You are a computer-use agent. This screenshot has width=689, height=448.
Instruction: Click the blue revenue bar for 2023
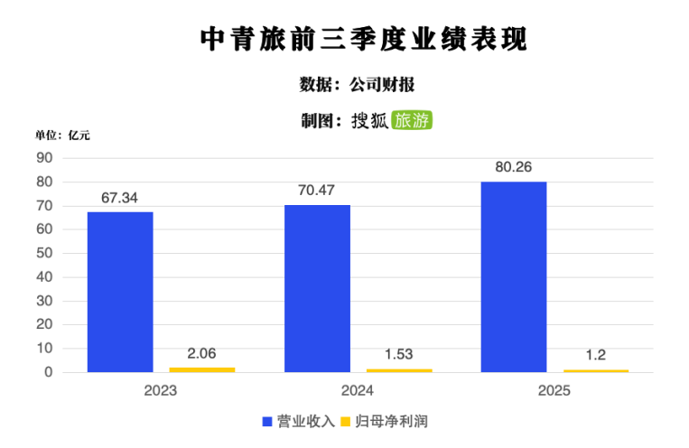point(120,292)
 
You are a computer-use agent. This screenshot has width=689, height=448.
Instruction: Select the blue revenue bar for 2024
point(317,288)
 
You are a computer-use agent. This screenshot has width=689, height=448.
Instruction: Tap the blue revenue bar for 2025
point(514,276)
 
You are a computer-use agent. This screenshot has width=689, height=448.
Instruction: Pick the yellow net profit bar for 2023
point(201,369)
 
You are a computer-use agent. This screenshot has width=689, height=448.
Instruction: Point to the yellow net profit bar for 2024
point(398,370)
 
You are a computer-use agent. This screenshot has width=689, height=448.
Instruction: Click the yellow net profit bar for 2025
point(595,370)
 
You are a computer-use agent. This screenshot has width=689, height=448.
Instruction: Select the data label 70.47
point(317,191)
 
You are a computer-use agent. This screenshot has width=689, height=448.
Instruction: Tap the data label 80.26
point(514,167)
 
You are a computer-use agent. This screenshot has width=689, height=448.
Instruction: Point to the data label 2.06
point(201,353)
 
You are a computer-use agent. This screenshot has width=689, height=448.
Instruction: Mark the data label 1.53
point(398,354)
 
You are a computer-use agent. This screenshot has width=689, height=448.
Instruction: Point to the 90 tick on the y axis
point(46,158)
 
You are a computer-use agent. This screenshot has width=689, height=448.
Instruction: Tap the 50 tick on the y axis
point(46,253)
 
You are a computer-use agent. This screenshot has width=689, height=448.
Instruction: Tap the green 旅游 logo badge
point(412,120)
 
